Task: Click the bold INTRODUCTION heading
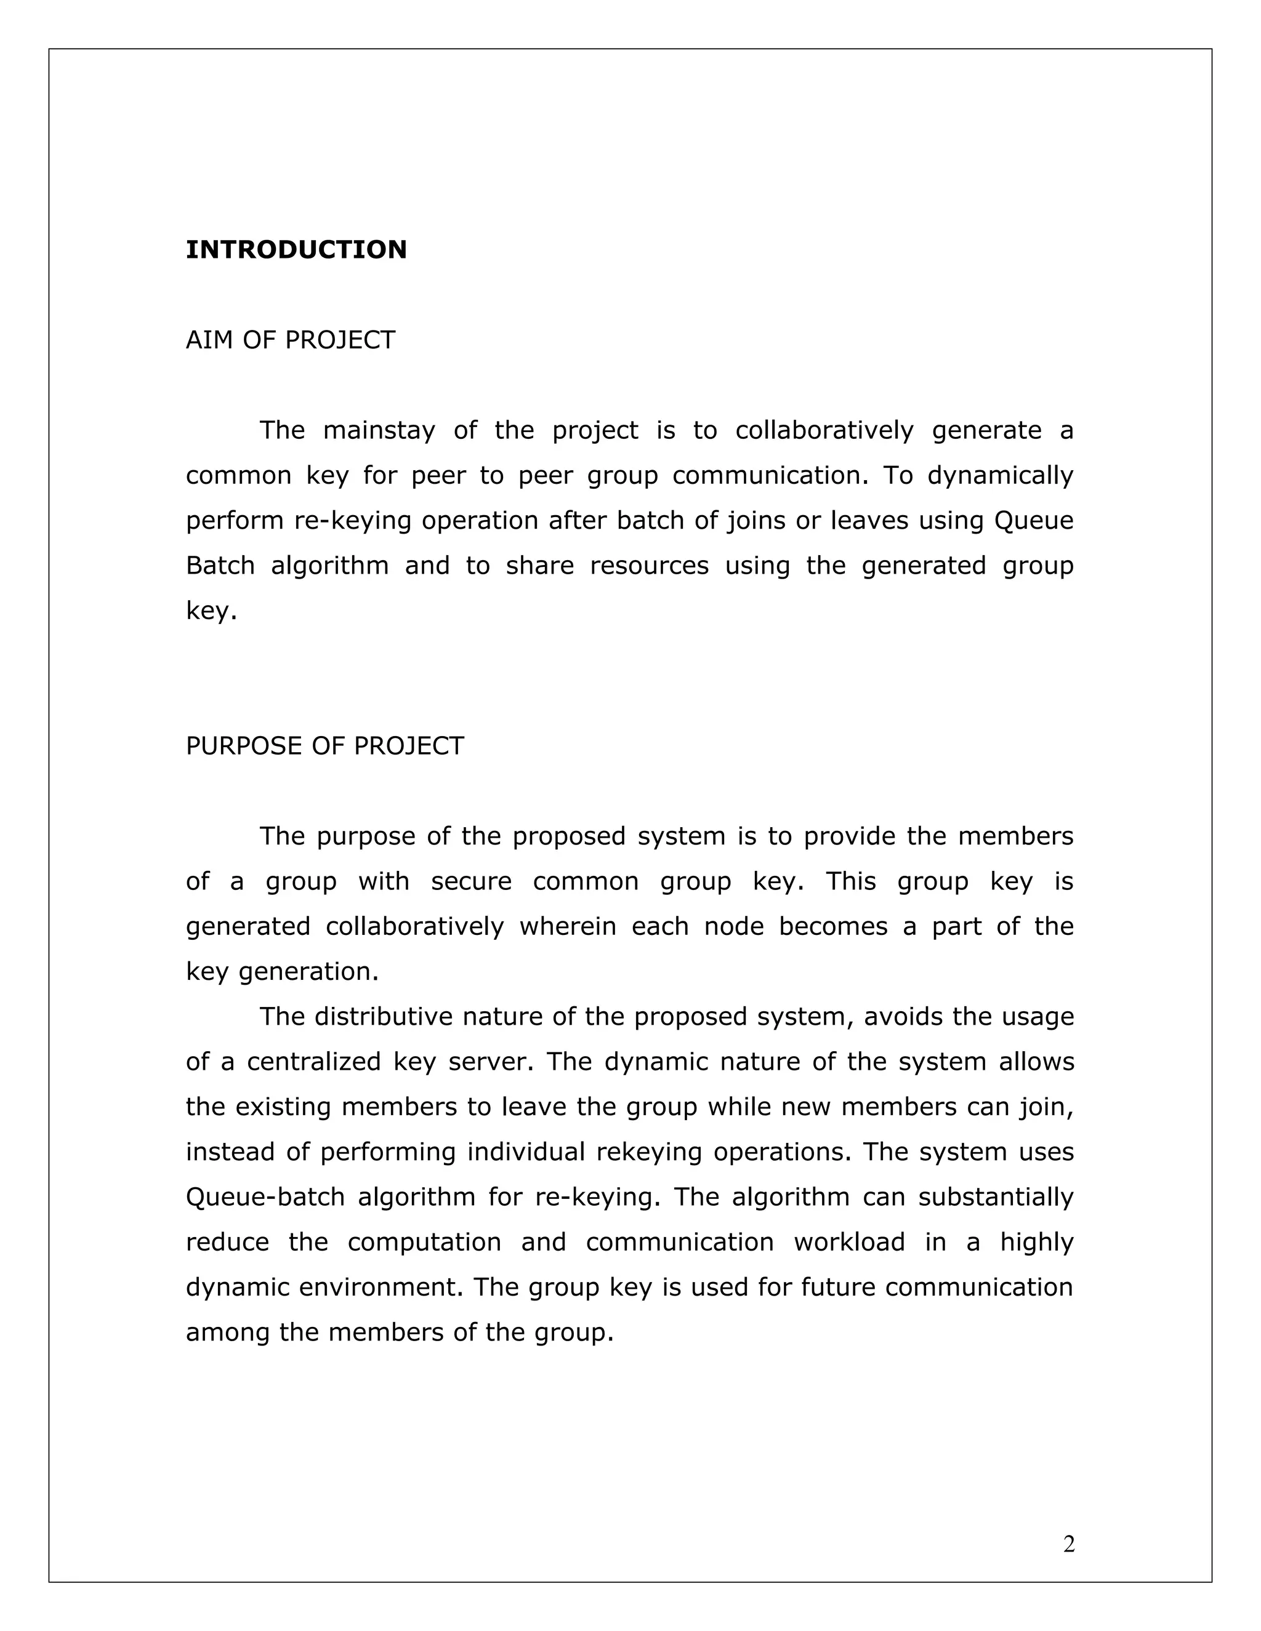tap(296, 249)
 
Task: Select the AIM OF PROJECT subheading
tap(290, 340)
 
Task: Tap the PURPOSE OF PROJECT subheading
tap(324, 746)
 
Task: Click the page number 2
tap(1069, 1544)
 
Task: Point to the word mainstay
tap(379, 431)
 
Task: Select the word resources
tap(649, 566)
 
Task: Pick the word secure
tap(472, 882)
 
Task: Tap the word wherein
tap(567, 927)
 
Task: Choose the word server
tap(491, 1062)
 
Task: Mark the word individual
tap(526, 1152)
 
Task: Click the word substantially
tap(996, 1197)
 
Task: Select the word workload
tap(849, 1243)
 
